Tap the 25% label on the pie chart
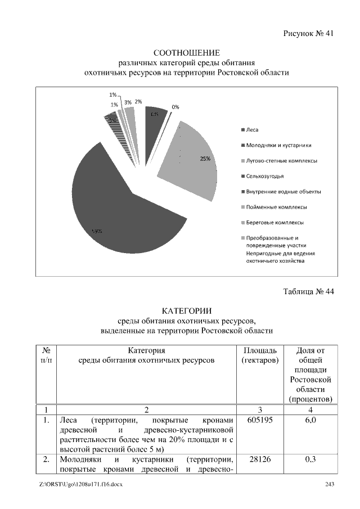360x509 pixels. (205, 159)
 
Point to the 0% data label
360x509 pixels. (175, 107)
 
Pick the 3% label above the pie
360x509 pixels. (128, 102)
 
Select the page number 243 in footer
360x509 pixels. (330, 485)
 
